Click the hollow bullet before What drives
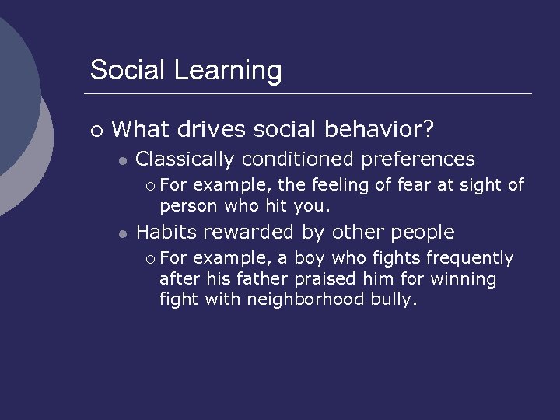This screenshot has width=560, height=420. (x=95, y=129)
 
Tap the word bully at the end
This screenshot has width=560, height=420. (x=396, y=299)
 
